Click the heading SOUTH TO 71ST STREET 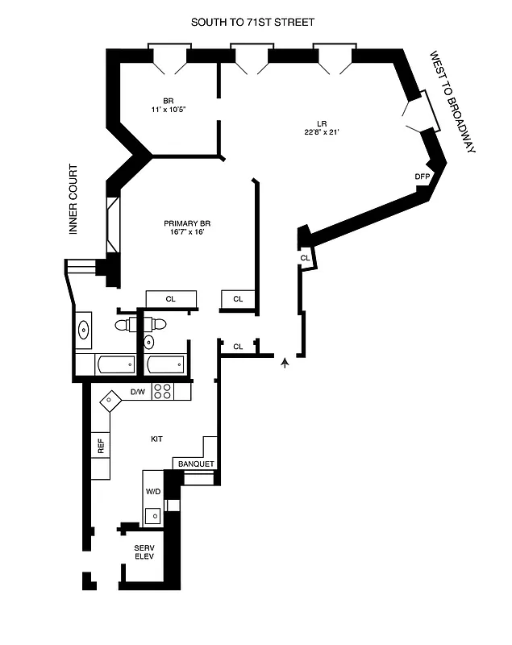click(252, 23)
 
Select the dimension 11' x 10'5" click(168, 110)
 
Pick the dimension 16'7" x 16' click(187, 232)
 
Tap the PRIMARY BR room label click(187, 223)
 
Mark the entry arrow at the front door click(285, 365)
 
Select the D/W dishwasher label click(137, 393)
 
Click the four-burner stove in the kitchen click(162, 392)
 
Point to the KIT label click(157, 439)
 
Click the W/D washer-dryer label click(152, 491)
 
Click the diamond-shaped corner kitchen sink click(108, 397)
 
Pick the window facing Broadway click(423, 110)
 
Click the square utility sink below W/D click(152, 513)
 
